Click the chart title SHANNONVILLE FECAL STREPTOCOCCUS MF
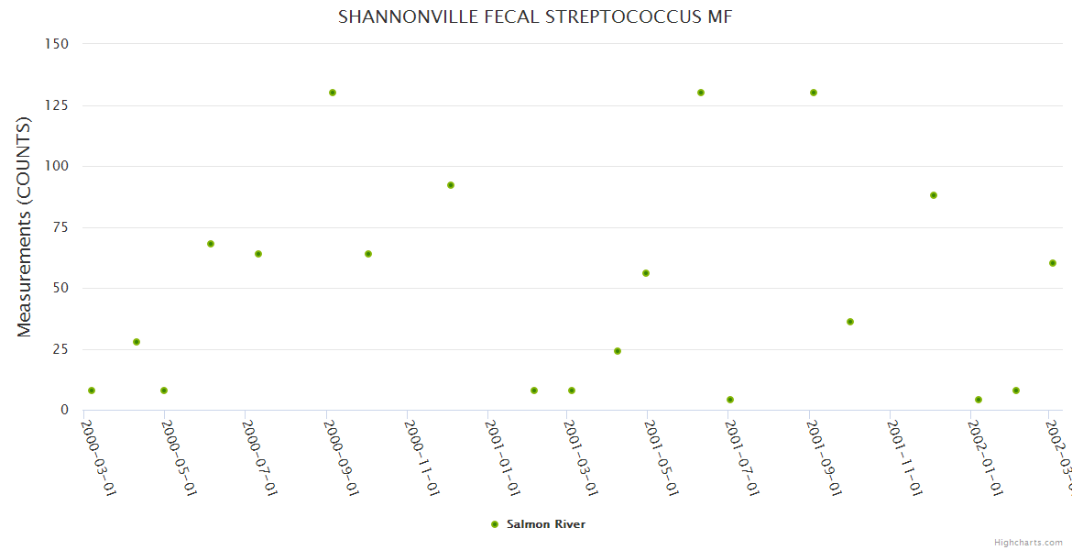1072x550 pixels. click(535, 16)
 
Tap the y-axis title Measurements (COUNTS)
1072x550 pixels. click(25, 227)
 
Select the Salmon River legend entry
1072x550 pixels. click(545, 524)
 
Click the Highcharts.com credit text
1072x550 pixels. click(1028, 543)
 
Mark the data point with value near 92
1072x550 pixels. click(451, 185)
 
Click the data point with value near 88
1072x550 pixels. click(934, 195)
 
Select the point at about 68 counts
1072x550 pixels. click(211, 244)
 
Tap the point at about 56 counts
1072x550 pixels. click(646, 273)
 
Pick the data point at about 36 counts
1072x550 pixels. click(850, 322)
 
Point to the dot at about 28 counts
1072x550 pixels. click(137, 342)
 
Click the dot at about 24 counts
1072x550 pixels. click(618, 351)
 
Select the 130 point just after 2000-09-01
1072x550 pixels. click(333, 93)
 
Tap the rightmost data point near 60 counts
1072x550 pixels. click(1053, 263)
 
